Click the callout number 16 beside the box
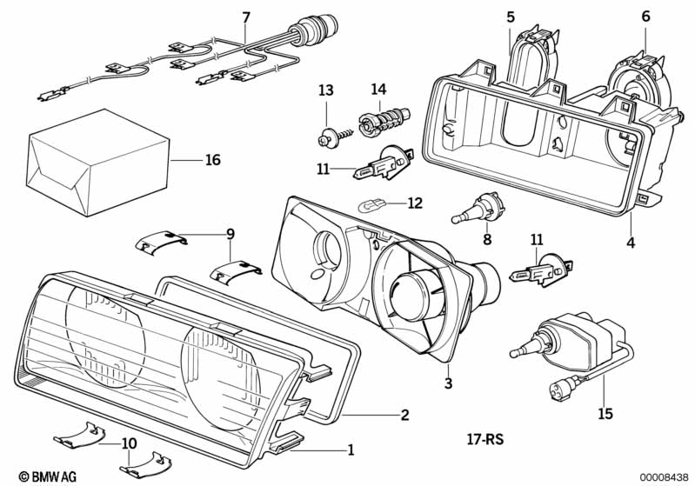pos(213,160)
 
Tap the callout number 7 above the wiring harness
pos(245,17)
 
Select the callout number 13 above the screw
pos(325,90)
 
